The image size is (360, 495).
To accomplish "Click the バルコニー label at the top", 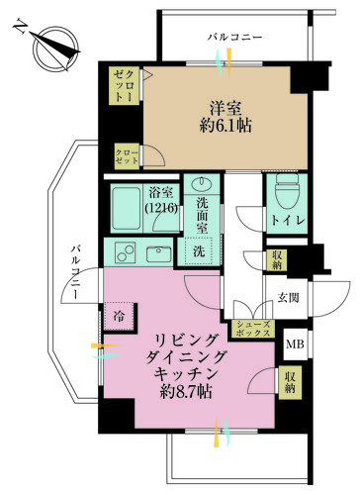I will point(235,37).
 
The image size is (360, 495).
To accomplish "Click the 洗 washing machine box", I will point(197,251).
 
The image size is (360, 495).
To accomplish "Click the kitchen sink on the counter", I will point(158,253).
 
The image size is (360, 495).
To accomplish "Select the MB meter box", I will point(295,346).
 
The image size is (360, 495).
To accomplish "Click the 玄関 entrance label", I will point(287,297).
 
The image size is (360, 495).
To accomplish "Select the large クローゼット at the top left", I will point(124,87).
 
